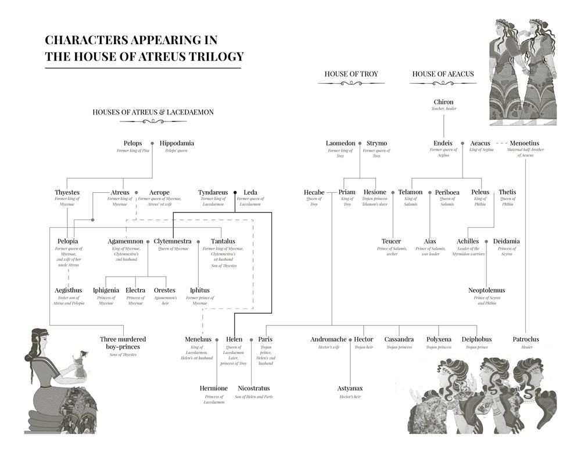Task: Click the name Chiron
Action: click(443, 102)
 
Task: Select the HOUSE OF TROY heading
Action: click(351, 74)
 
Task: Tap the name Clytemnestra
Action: click(173, 241)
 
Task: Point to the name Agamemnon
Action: click(125, 241)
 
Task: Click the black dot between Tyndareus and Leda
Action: click(235, 192)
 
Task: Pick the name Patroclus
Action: click(526, 339)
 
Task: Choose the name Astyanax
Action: click(351, 388)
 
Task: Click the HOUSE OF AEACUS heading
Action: click(443, 74)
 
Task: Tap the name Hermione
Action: click(214, 388)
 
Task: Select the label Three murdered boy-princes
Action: click(123, 343)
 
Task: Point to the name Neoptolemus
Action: click(486, 290)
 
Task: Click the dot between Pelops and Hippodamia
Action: click(152, 143)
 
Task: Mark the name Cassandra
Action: click(399, 339)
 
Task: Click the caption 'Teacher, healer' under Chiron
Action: click(443, 109)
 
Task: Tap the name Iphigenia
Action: click(106, 290)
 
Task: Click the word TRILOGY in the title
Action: click(215, 56)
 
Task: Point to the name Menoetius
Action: click(524, 143)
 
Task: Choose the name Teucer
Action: click(392, 241)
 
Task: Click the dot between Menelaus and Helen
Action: click(217, 340)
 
